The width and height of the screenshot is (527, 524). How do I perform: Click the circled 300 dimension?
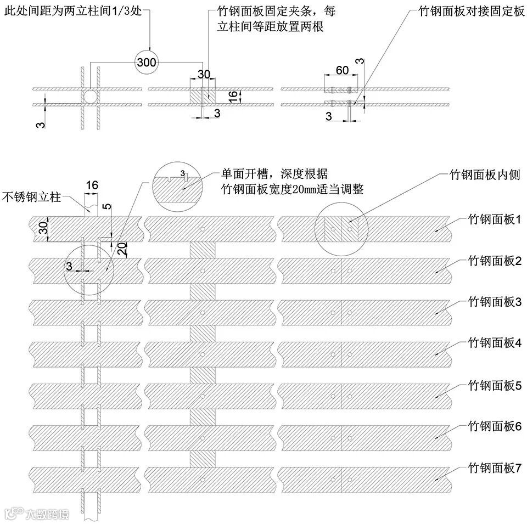click(x=147, y=62)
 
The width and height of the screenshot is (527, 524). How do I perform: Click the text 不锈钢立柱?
click(x=31, y=196)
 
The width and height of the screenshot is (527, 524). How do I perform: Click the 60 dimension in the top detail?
click(x=342, y=70)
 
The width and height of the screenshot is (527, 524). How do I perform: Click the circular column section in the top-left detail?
click(x=90, y=97)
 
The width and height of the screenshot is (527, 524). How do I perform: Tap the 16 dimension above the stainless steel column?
click(x=92, y=185)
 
